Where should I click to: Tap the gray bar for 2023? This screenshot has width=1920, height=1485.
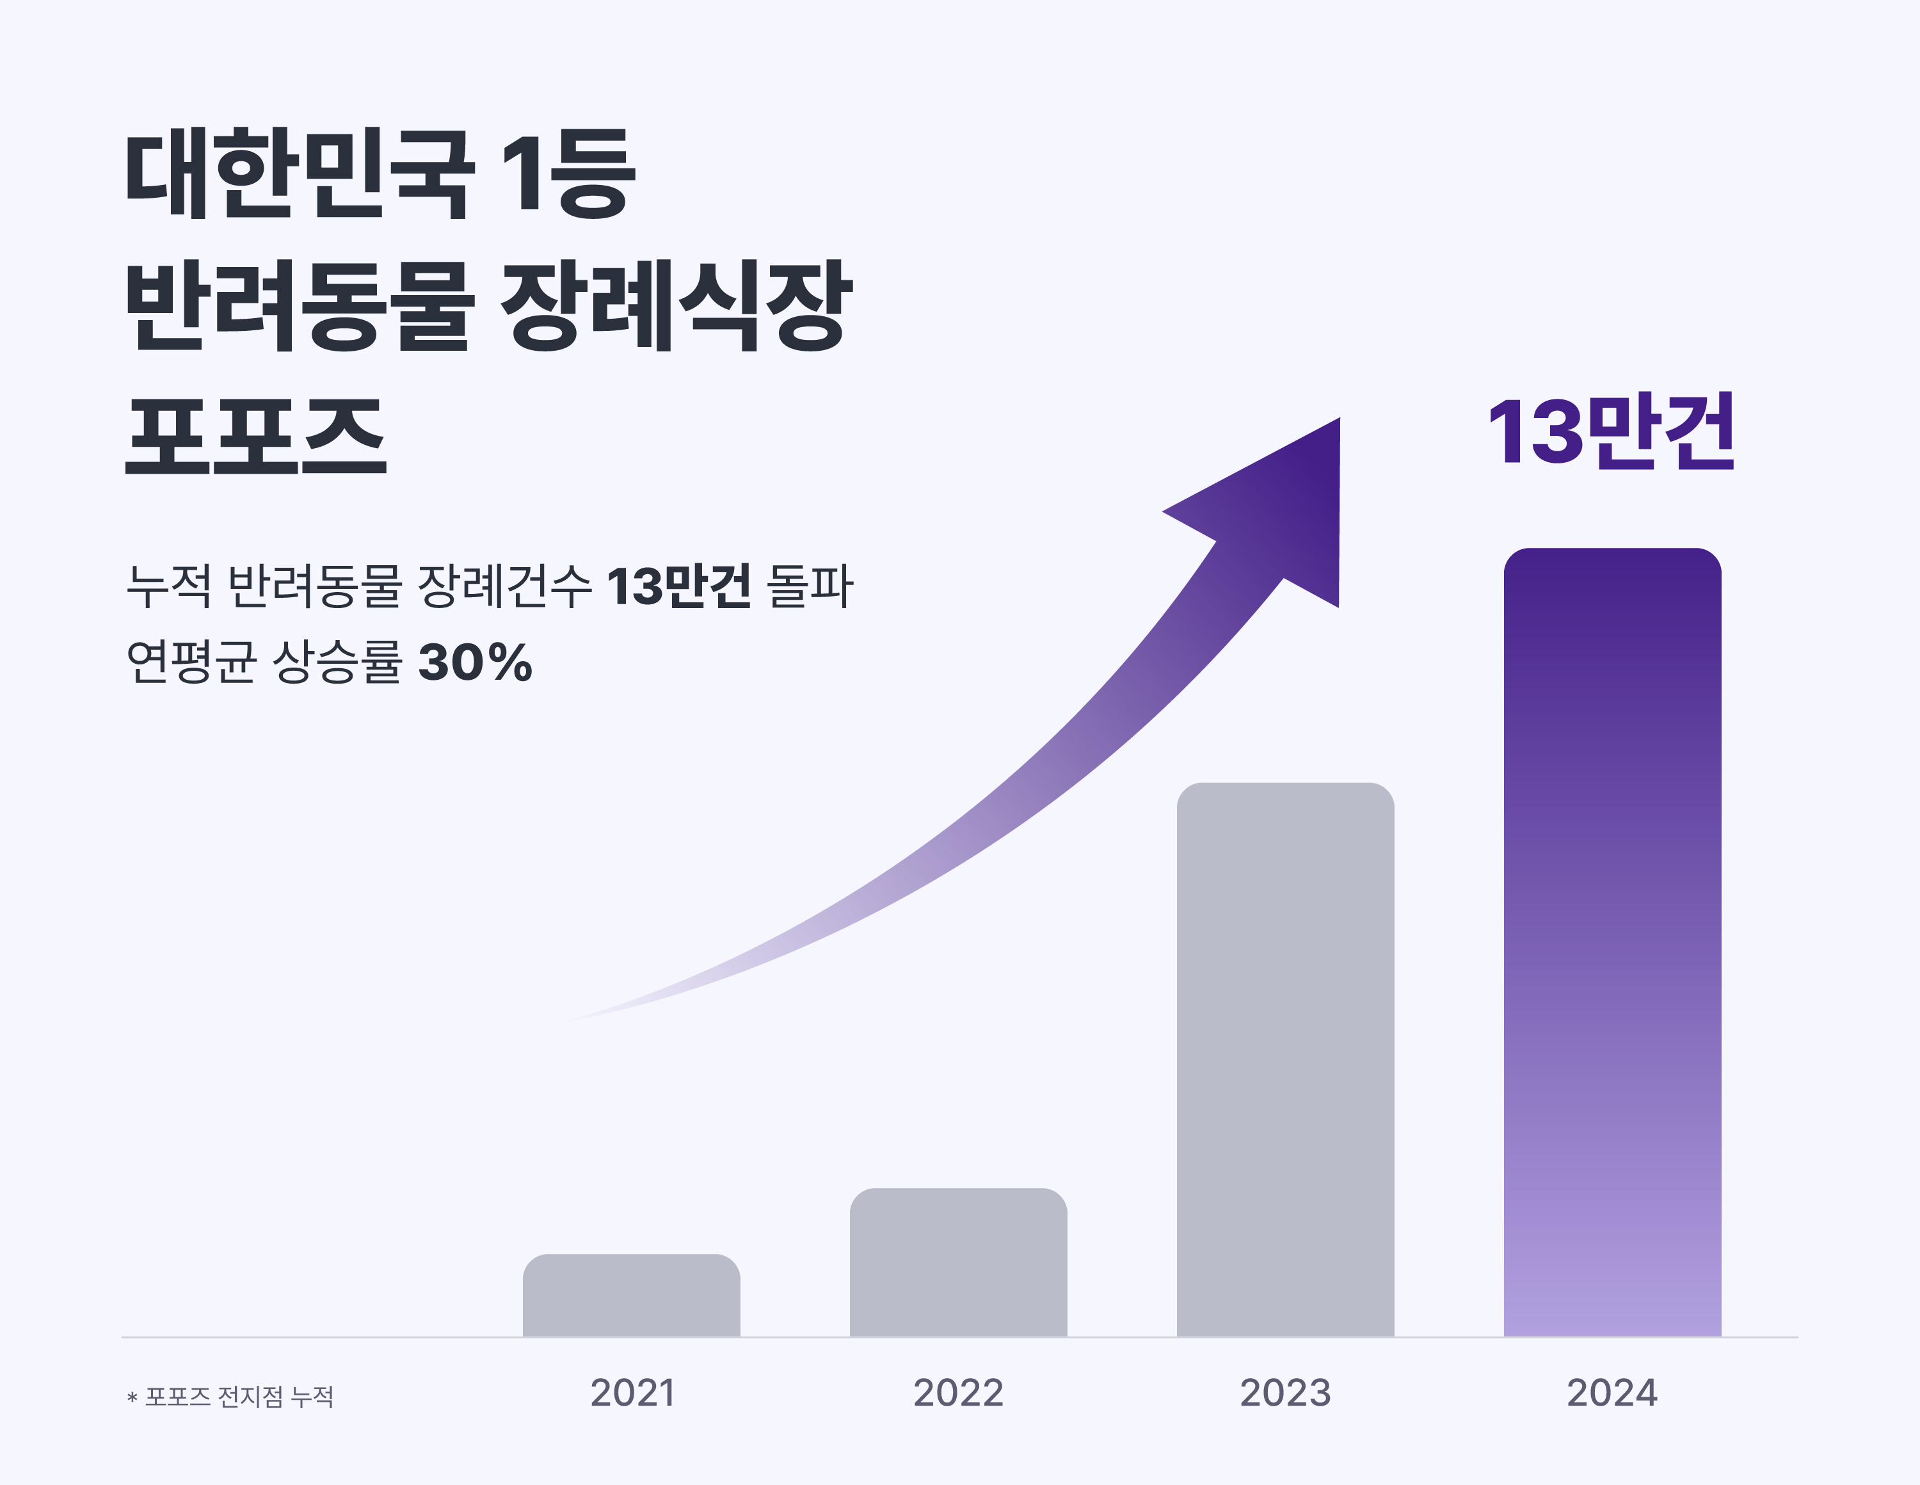[1285, 1059]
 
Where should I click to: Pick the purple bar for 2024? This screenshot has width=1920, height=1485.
[1612, 942]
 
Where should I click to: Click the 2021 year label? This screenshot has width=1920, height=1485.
[632, 1393]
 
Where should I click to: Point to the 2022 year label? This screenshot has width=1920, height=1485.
[958, 1393]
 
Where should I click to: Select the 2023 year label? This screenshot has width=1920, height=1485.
[1285, 1393]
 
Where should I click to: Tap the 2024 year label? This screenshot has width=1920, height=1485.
[1612, 1393]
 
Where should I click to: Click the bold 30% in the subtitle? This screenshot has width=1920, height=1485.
[475, 662]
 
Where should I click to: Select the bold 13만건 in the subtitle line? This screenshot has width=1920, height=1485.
[678, 586]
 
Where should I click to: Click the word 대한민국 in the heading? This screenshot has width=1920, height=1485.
[299, 173]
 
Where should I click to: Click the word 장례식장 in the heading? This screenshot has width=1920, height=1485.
[676, 305]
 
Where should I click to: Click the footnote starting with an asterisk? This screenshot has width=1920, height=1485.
[230, 1396]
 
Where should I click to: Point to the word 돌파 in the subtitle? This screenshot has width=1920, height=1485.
[810, 586]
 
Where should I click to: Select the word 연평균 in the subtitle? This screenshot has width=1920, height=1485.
[191, 662]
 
